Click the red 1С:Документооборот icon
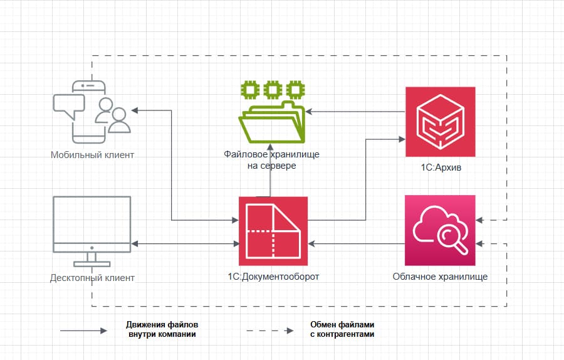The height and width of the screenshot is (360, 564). coord(273,231)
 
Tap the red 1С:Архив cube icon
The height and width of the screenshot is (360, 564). coord(440,122)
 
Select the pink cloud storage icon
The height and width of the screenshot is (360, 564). coord(440,230)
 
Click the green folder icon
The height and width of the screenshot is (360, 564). coord(273,123)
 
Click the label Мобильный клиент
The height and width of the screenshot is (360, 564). coord(92,154)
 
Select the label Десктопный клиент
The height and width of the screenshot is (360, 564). coord(92,277)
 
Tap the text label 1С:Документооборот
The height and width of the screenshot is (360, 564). coord(273,276)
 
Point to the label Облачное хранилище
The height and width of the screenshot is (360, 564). coord(440,276)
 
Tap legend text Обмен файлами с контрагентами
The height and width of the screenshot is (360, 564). coord(342,330)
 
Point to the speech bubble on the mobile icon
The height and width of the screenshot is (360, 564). coord(67,105)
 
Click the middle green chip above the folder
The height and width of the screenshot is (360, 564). coord(273,88)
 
